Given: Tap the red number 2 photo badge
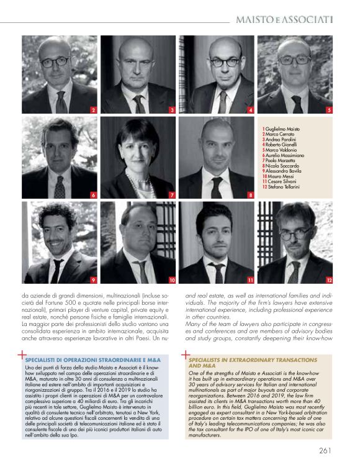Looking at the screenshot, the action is click(93, 110).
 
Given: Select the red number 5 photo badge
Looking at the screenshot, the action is click(329, 110).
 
